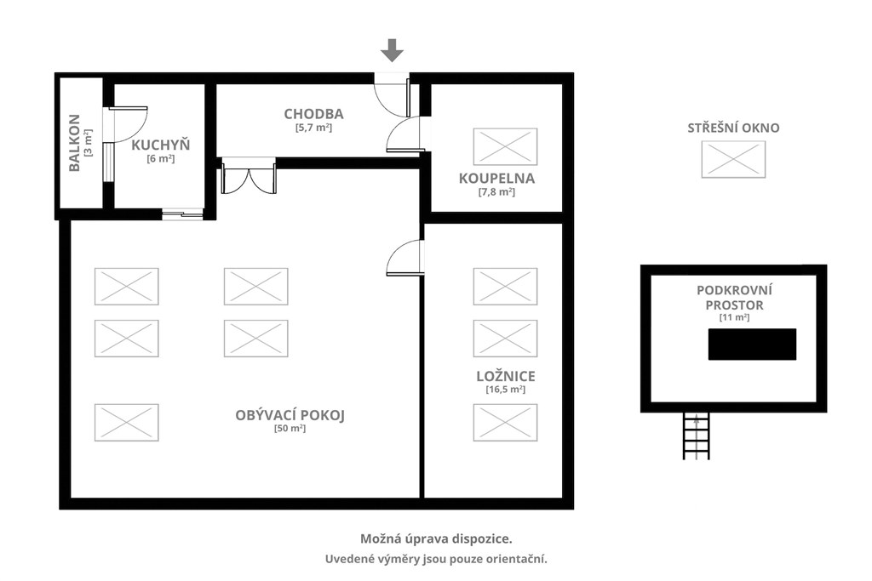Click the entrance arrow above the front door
pyautogui.click(x=392, y=50)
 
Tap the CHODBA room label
pyautogui.click(x=313, y=114)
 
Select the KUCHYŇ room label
pyautogui.click(x=161, y=145)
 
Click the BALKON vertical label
pyautogui.click(x=75, y=143)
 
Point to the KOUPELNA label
pyautogui.click(x=496, y=179)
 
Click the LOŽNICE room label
pyautogui.click(x=506, y=375)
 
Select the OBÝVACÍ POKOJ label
pyautogui.click(x=290, y=415)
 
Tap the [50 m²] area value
pyautogui.click(x=290, y=429)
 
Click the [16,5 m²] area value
pyautogui.click(x=506, y=390)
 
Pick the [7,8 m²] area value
pyautogui.click(x=496, y=192)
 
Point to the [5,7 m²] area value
pyautogui.click(x=313, y=128)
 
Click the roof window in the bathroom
pyautogui.click(x=506, y=146)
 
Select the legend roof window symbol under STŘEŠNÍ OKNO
pyautogui.click(x=733, y=159)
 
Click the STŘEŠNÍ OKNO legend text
pyautogui.click(x=733, y=128)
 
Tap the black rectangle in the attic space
pyautogui.click(x=752, y=345)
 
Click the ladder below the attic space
pyautogui.click(x=697, y=436)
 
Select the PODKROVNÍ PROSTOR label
pyautogui.click(x=734, y=298)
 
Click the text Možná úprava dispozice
pyautogui.click(x=437, y=538)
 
